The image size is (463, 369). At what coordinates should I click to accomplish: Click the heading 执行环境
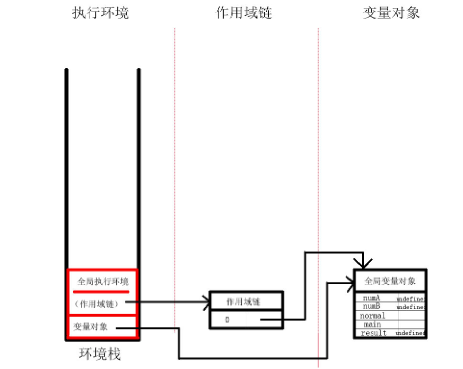click(x=100, y=13)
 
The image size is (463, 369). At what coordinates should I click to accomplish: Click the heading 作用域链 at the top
click(x=244, y=13)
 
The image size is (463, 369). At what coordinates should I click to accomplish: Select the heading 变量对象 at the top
click(x=392, y=13)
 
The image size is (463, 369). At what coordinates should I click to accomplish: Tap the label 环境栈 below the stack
click(x=100, y=354)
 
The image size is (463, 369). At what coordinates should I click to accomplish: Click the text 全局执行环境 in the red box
click(x=103, y=282)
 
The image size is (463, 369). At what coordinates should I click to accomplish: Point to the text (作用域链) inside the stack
click(x=98, y=303)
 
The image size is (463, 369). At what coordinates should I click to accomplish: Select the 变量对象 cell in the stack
click(x=91, y=327)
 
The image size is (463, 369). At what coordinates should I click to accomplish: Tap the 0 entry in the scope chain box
click(x=227, y=320)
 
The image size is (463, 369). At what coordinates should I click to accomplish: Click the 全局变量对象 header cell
click(x=390, y=281)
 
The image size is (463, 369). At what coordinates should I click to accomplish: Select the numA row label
click(x=372, y=298)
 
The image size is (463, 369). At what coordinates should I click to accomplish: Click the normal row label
click(x=373, y=316)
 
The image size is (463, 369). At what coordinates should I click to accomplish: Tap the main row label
click(x=373, y=324)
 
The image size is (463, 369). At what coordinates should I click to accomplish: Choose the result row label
click(x=374, y=333)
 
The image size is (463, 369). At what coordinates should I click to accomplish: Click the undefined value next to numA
click(x=411, y=299)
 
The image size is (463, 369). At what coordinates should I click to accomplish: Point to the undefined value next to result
click(x=411, y=333)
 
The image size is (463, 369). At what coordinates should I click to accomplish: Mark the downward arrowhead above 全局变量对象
click(x=363, y=264)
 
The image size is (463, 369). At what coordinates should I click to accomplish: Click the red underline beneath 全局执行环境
click(x=102, y=291)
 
